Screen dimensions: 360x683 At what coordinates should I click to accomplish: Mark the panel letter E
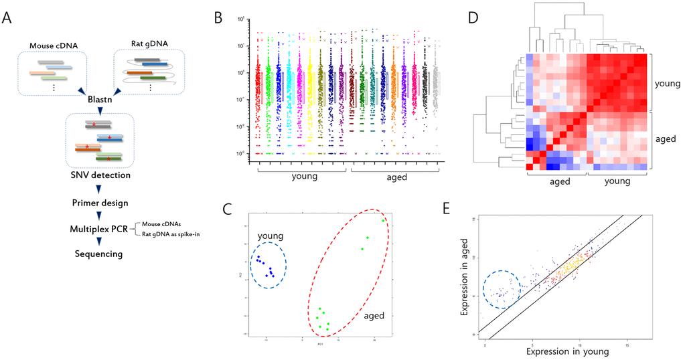click(x=473, y=207)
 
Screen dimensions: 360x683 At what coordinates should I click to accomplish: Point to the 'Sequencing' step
click(x=98, y=254)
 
